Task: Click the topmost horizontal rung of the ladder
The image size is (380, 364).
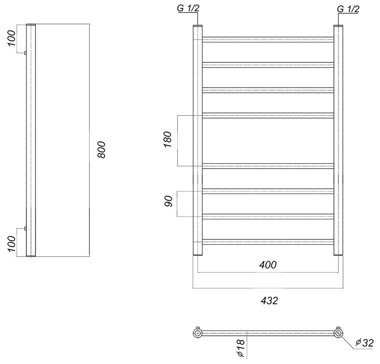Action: click(x=268, y=39)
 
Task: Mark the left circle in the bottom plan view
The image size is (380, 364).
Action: click(x=197, y=332)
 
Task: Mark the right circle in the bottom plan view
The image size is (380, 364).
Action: click(x=339, y=332)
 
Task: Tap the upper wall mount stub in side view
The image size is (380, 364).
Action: click(x=26, y=53)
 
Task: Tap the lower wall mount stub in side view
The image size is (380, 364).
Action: click(x=26, y=228)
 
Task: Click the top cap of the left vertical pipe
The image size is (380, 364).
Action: click(x=197, y=27)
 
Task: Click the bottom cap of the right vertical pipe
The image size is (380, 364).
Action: click(x=339, y=255)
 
